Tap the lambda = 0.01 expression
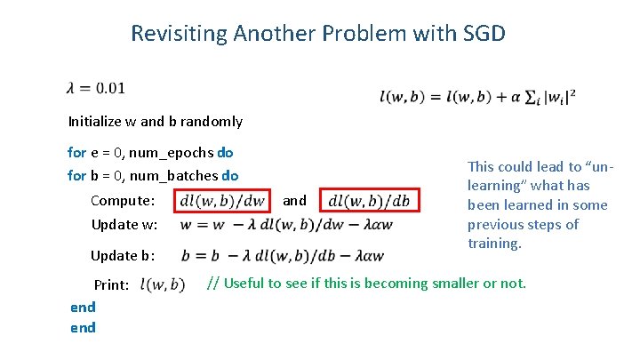pos(95,87)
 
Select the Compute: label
pos(124,201)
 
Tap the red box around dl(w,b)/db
pos(370,201)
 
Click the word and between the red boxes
pos(294,201)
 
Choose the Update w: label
pos(124,224)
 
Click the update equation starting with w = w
pos(285,224)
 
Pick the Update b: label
pos(124,256)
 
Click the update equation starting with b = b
pos(282,256)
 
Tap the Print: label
pos(112,285)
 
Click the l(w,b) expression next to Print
pos(163,285)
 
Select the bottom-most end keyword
pos(83,327)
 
